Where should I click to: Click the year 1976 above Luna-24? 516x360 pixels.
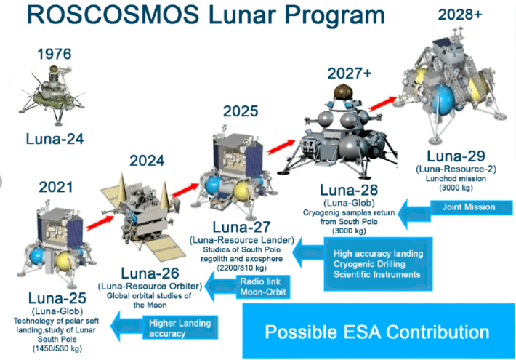pos(55,54)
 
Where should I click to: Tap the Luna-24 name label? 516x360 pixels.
pos(55,139)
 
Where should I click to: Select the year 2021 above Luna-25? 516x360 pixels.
pos(56,187)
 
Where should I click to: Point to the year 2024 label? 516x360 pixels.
pos(147,161)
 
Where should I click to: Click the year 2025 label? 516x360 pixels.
pos(241,111)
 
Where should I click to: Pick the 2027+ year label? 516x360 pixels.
pos(350,73)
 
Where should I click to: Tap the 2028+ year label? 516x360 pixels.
pos(460,15)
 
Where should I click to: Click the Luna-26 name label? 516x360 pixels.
pos(150,273)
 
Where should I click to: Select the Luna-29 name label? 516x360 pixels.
pos(456,156)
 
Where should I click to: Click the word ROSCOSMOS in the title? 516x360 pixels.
pos(113,15)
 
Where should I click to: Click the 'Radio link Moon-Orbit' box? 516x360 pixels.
pos(263,287)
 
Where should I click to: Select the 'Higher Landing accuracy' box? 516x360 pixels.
pos(180,328)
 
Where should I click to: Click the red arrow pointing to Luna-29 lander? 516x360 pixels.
pos(383,103)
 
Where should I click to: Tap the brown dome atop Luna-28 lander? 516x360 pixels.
pos(343,92)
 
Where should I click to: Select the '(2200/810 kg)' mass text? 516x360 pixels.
pos(242,268)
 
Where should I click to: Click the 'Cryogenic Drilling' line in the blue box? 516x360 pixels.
pos(369,264)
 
